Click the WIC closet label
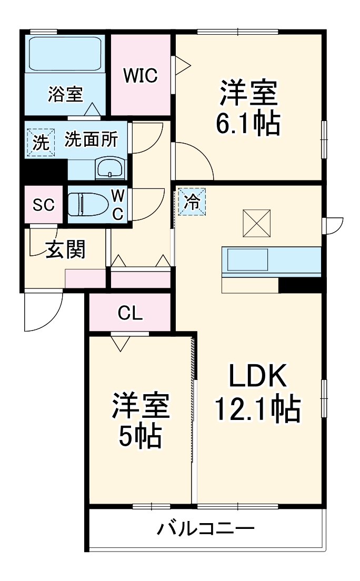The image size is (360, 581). pyautogui.click(x=141, y=76)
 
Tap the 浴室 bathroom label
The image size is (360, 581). pyautogui.click(x=65, y=94)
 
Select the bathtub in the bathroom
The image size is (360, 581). pyautogui.click(x=65, y=53)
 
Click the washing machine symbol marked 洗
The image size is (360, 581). pyautogui.click(x=40, y=143)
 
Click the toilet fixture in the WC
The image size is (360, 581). pyautogui.click(x=87, y=205)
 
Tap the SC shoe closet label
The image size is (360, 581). pyautogui.click(x=44, y=205)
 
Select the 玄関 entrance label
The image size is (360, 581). pyautogui.click(x=65, y=250)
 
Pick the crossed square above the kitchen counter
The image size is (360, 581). pyautogui.click(x=257, y=223)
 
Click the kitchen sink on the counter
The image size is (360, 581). pyautogui.click(x=247, y=260)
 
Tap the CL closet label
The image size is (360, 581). pyautogui.click(x=129, y=314)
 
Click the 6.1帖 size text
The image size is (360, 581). pyautogui.click(x=247, y=123)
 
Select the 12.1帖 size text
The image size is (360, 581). pyautogui.click(x=256, y=409)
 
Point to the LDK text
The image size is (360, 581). pyautogui.click(x=257, y=377)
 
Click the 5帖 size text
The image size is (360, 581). pyautogui.click(x=139, y=436)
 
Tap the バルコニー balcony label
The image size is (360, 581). pyautogui.click(x=206, y=528)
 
